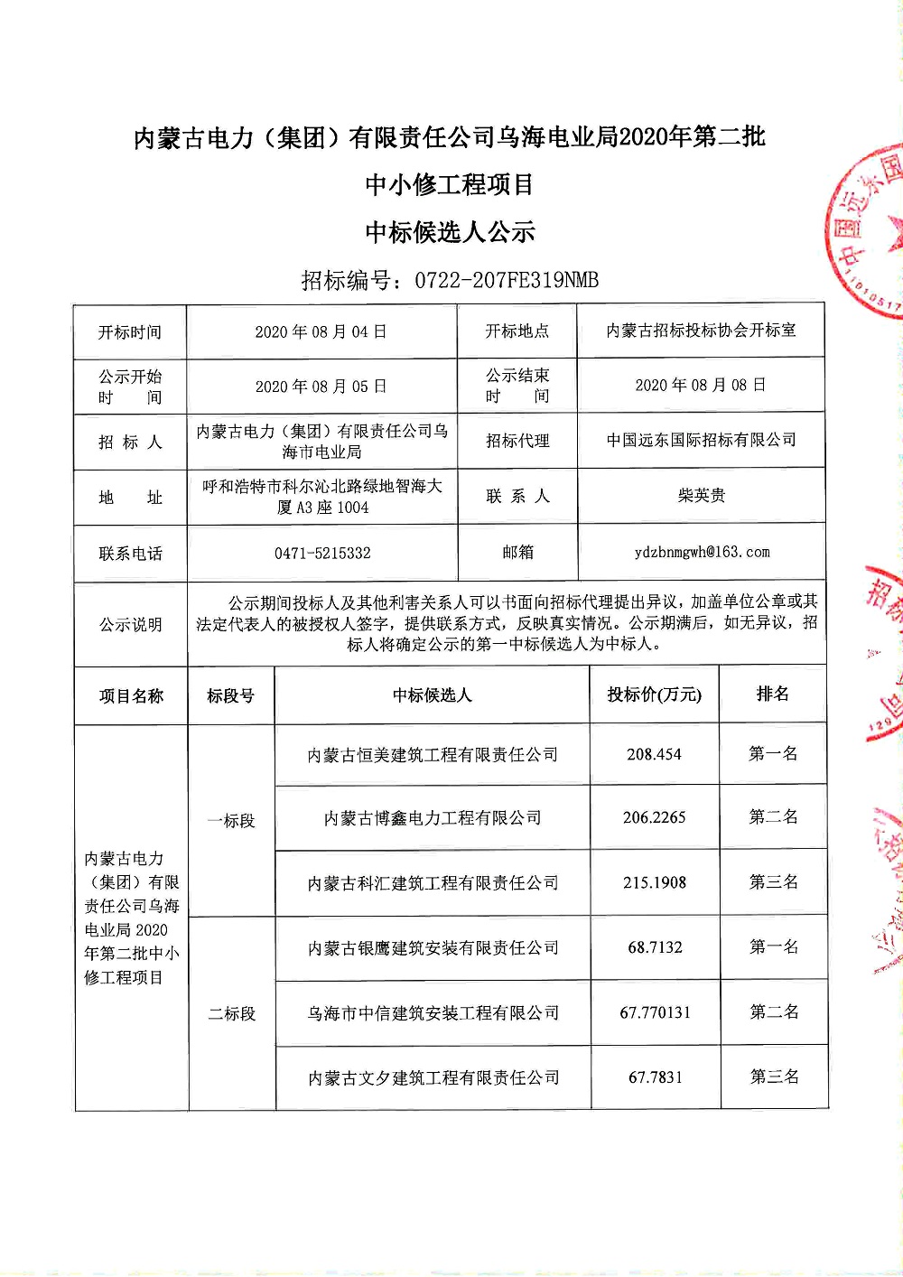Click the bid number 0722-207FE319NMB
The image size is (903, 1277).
coord(506,280)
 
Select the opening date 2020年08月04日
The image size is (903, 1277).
coord(321,332)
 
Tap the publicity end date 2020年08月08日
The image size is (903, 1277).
coord(701,386)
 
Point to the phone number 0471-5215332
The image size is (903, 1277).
coord(322,553)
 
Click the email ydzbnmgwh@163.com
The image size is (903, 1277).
coord(702,552)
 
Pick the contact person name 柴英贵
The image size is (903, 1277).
coord(701,495)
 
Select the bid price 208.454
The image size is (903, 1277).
coord(654,754)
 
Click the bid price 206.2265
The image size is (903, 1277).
coord(654,817)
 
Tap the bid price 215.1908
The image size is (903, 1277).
coord(654,882)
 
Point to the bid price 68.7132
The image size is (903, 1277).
coord(655,947)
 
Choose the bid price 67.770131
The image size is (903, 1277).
coord(655,1012)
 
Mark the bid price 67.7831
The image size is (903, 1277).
coord(656,1077)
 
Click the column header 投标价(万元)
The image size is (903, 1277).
coord(654,694)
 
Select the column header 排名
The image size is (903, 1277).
coord(773,694)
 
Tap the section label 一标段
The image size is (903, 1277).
coord(231,821)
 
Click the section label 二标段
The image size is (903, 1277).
coord(232,1014)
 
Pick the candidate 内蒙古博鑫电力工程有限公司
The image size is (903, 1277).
coord(433,818)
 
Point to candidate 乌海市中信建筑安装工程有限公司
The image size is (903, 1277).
coord(433,1013)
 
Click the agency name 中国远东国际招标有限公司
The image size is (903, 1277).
coord(701,440)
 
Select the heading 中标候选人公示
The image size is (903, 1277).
coord(450,232)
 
